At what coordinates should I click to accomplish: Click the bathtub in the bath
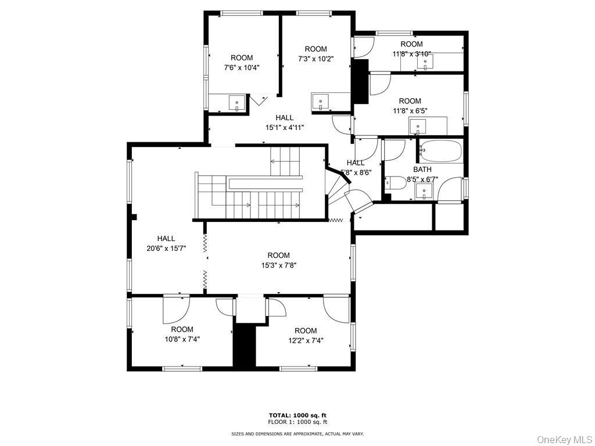440,151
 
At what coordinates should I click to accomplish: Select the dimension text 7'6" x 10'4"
242,67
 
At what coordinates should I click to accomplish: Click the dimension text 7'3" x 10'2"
316,59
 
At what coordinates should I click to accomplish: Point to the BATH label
422,170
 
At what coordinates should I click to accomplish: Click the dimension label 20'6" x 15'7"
166,248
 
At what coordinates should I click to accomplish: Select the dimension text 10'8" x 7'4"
182,339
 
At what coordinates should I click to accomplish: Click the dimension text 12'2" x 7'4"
305,340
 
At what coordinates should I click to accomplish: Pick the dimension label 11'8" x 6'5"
410,110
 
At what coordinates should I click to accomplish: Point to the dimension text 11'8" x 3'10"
411,54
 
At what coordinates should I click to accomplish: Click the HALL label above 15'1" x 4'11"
285,118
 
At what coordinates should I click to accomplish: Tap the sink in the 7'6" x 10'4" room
237,103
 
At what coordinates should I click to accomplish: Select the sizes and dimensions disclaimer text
297,434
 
